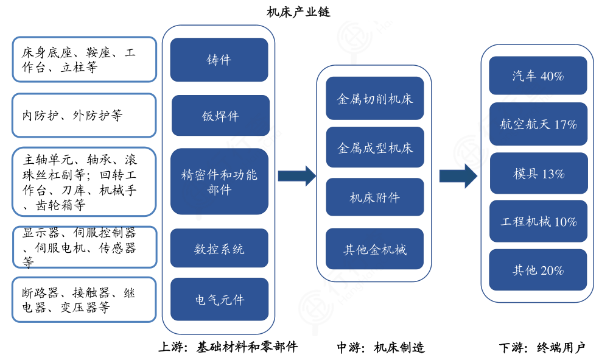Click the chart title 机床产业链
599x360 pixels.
(x=298, y=12)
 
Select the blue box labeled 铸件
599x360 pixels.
(x=219, y=60)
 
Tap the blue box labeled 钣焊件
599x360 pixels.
(x=220, y=116)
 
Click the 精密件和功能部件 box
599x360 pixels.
(x=219, y=182)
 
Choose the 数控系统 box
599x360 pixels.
(x=219, y=249)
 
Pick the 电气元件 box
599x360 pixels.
(x=219, y=300)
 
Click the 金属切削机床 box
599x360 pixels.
(x=374, y=98)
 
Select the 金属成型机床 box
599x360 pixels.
(x=374, y=147)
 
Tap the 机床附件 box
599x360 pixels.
(x=374, y=197)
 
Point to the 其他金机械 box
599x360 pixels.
(x=374, y=249)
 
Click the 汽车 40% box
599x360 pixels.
(x=538, y=76)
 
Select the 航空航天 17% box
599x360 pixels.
(x=538, y=124)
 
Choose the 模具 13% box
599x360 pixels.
(x=538, y=174)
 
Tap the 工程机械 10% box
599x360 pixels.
(x=538, y=222)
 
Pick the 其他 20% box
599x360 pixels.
(x=538, y=270)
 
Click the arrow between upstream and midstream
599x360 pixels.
(x=296, y=176)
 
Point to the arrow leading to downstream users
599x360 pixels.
(x=458, y=176)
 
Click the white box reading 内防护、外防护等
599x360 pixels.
(x=84, y=115)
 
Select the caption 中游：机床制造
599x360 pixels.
(x=380, y=348)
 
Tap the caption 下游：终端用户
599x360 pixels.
(x=542, y=348)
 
